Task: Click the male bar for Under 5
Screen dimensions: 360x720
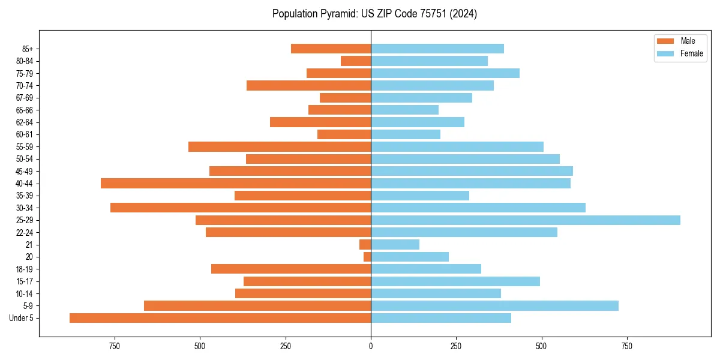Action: [220, 318]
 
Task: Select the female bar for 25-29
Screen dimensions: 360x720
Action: [526, 220]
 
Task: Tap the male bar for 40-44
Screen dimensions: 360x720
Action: [236, 183]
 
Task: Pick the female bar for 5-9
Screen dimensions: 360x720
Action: [494, 306]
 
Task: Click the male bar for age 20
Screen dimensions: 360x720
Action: [367, 257]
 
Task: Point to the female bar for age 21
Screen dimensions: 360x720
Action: [395, 245]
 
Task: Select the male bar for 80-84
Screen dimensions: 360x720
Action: [356, 61]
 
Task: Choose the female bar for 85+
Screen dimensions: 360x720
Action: [437, 49]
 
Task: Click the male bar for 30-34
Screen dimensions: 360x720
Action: [241, 208]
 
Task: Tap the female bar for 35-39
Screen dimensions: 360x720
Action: [420, 196]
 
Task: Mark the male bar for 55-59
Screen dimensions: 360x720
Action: [280, 146]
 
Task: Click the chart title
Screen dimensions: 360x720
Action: [374, 14]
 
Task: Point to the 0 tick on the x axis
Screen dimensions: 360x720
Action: [371, 346]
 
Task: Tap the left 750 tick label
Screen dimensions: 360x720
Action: [114, 346]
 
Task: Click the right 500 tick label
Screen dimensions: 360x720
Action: [542, 346]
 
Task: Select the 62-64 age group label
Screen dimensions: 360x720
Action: [25, 122]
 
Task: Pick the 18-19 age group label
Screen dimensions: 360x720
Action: [25, 269]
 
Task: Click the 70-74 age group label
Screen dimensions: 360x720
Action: [25, 86]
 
